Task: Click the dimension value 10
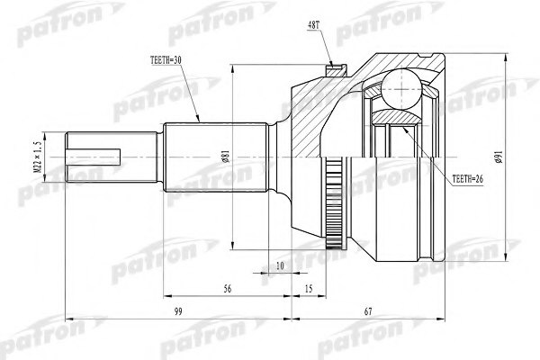tap(280, 267)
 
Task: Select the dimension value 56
tap(227, 290)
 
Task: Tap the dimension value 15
tap(308, 290)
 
